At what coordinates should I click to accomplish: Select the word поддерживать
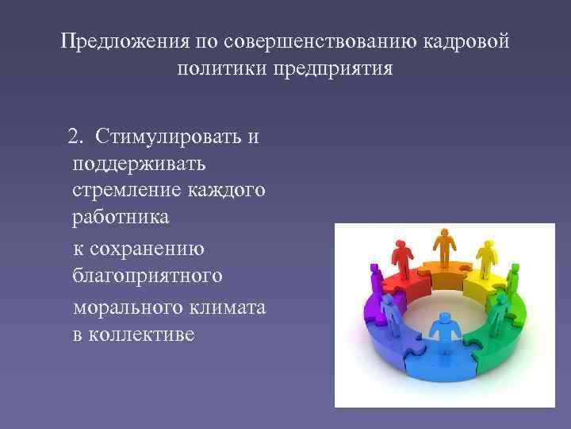coord(139,164)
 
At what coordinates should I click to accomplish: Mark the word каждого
coord(224,191)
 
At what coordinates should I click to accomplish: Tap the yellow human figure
coord(485,258)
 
